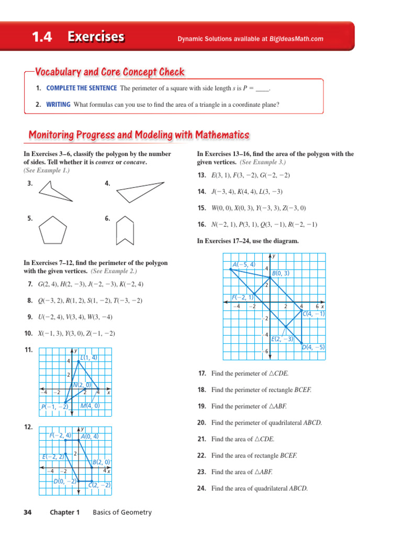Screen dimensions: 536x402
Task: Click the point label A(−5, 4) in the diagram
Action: point(244,265)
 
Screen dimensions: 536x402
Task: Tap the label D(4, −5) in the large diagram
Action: point(313,347)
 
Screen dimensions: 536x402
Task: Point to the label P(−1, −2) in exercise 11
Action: point(54,407)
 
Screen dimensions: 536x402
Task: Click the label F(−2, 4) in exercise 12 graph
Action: point(60,435)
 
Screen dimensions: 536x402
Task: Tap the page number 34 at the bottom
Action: point(28,512)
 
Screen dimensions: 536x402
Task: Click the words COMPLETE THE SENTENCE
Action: point(82,88)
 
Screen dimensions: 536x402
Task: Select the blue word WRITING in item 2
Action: point(58,105)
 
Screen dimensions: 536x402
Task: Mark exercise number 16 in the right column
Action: point(202,225)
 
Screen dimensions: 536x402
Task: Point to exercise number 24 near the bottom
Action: point(202,489)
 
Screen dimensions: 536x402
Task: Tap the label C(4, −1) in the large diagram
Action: point(314,314)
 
